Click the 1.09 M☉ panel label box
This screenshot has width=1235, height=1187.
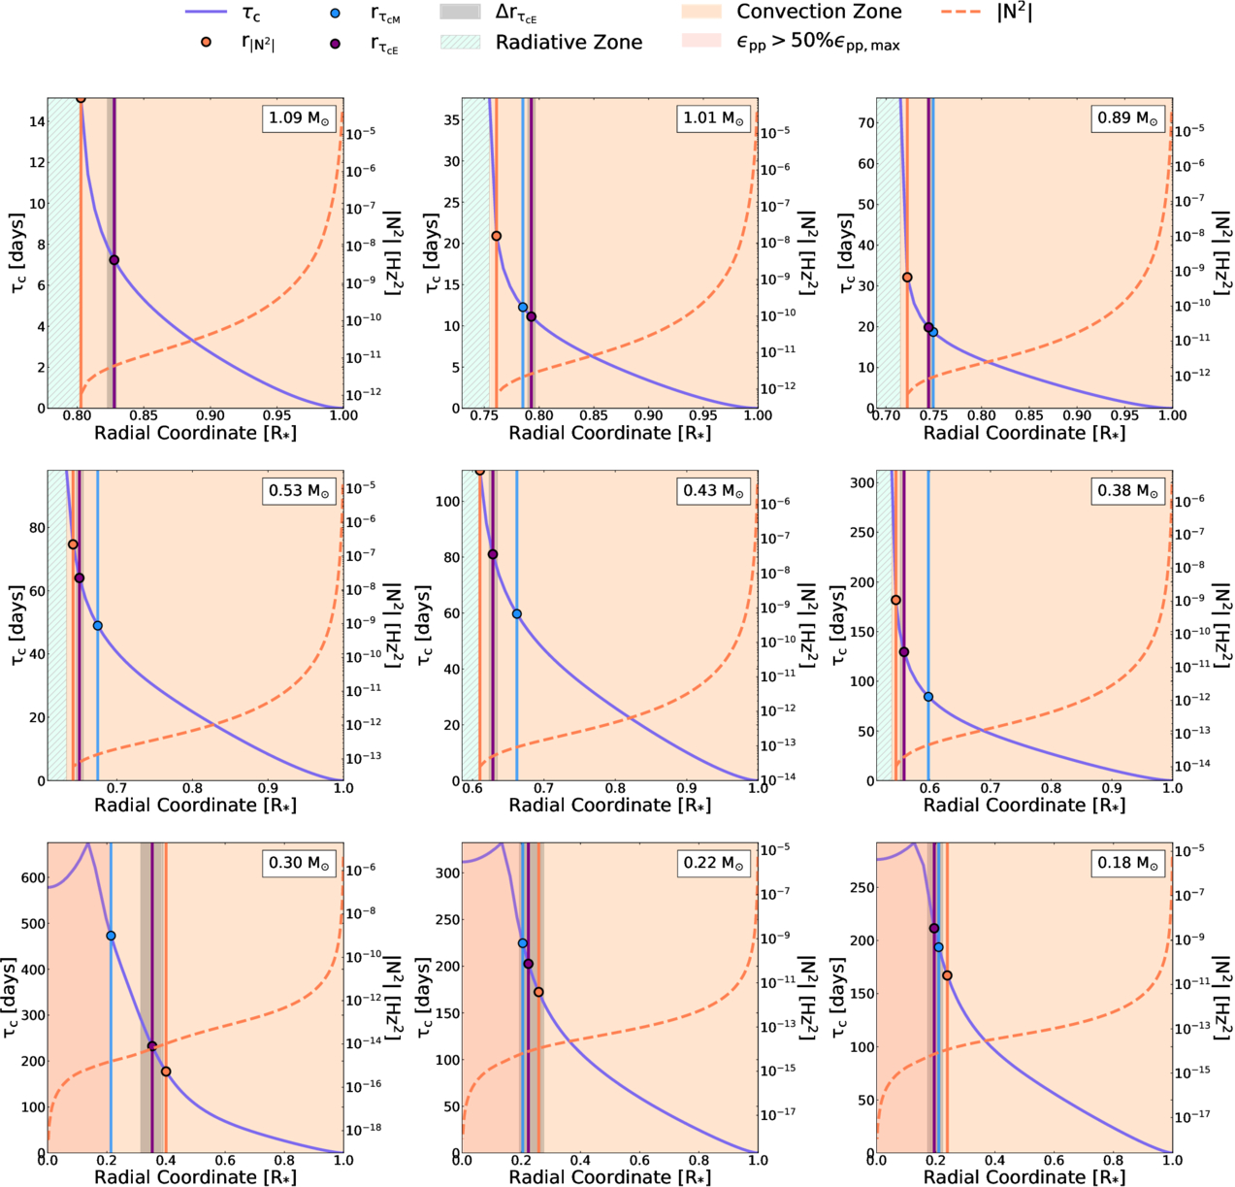(299, 118)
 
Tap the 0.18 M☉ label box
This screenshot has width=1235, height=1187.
(1127, 863)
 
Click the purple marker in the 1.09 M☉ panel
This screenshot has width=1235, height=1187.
(114, 260)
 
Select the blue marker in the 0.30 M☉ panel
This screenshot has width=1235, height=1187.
(111, 936)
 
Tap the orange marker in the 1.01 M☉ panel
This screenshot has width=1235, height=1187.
(497, 236)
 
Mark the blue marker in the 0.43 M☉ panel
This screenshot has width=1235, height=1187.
(516, 613)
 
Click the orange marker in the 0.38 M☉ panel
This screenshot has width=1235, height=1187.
(896, 600)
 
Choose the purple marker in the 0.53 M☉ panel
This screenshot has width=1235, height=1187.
(80, 577)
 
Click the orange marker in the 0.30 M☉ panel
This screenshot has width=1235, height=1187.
(166, 1072)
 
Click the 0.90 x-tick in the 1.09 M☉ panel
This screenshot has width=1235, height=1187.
(211, 415)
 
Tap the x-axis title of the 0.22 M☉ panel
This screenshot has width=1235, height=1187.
(610, 1176)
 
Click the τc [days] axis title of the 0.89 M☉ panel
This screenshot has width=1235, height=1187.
(847, 253)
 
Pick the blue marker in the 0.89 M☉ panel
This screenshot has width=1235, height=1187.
(933, 332)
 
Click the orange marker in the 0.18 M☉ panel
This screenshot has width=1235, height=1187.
(947, 975)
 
